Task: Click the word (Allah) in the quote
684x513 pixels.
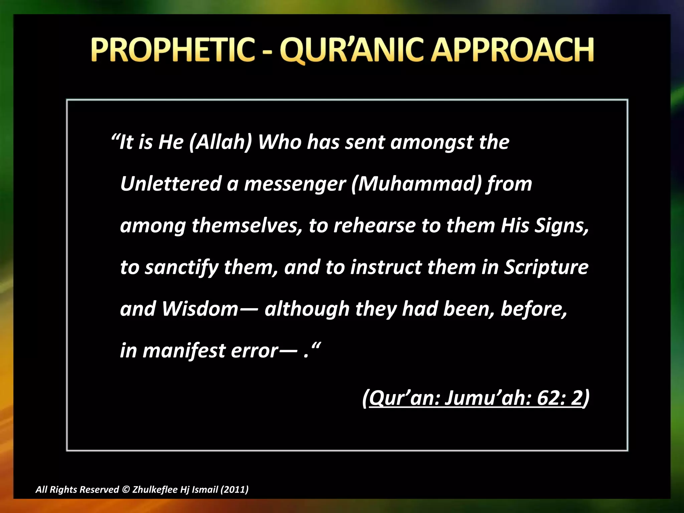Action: coord(220,142)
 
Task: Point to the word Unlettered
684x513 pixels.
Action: coord(171,184)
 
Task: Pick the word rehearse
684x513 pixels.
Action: coord(374,225)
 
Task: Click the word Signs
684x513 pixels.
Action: coord(561,225)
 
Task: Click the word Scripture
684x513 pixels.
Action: coord(546,267)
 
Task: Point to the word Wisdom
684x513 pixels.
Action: coord(200,309)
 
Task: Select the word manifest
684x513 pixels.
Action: coord(184,351)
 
